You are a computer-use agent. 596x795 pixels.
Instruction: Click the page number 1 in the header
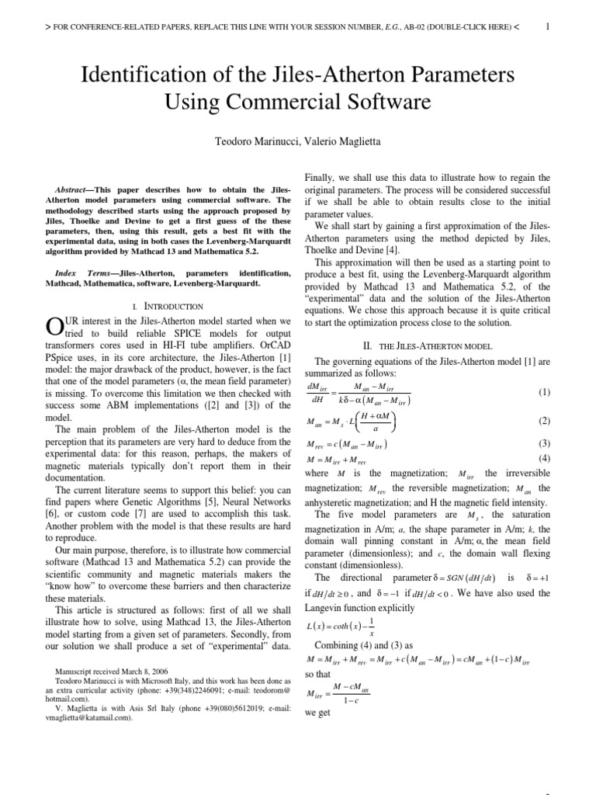tap(549, 26)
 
